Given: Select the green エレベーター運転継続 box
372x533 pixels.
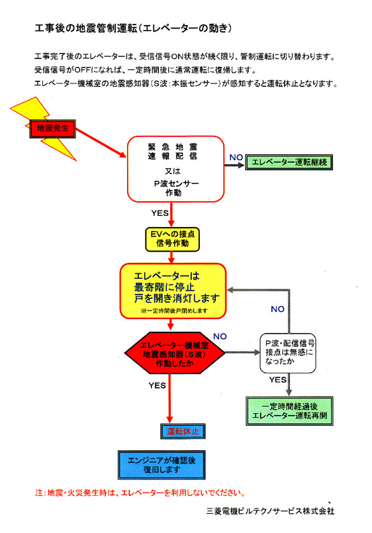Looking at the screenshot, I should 289,161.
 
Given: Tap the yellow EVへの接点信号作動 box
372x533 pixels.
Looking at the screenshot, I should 171,238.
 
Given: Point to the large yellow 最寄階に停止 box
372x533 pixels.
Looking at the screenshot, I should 172,289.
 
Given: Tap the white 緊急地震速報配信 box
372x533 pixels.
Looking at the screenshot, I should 171,169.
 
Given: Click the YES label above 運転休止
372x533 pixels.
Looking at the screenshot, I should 157,385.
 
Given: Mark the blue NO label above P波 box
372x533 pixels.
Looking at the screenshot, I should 278,309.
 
